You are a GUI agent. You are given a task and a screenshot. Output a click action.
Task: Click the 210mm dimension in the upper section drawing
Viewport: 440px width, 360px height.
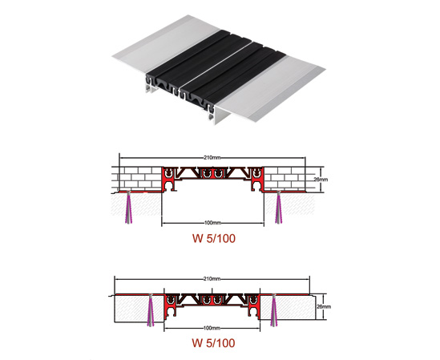tap(212, 157)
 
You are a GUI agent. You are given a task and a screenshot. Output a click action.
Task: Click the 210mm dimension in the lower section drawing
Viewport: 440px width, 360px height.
tap(212, 279)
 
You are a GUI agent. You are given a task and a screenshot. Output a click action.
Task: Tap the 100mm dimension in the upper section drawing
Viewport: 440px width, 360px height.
tap(212, 223)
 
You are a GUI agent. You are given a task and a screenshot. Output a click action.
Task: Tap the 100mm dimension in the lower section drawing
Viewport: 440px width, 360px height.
tap(212, 328)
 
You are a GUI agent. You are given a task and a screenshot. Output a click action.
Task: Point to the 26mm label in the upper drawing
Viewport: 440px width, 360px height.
tap(321, 180)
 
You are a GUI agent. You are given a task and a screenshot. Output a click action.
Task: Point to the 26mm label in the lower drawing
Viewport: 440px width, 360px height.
tap(324, 306)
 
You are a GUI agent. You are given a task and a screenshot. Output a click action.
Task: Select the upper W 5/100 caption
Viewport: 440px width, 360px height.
tap(214, 238)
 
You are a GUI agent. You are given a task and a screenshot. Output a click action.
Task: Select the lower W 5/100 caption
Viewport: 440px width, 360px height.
tap(213, 343)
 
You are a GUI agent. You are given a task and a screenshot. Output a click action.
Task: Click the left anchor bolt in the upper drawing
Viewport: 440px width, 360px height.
tap(128, 207)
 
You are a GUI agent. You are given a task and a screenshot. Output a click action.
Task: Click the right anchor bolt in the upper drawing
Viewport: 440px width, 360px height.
tap(279, 207)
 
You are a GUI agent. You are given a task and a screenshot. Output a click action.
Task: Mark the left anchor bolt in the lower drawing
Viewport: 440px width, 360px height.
tap(151, 310)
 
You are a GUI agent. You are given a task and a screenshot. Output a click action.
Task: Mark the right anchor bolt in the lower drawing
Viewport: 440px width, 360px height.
tap(274, 310)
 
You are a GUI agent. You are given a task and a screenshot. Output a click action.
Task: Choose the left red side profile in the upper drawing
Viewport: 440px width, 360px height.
tap(169, 179)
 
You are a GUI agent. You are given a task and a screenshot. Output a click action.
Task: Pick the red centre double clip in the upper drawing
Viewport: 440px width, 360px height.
tap(212, 173)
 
